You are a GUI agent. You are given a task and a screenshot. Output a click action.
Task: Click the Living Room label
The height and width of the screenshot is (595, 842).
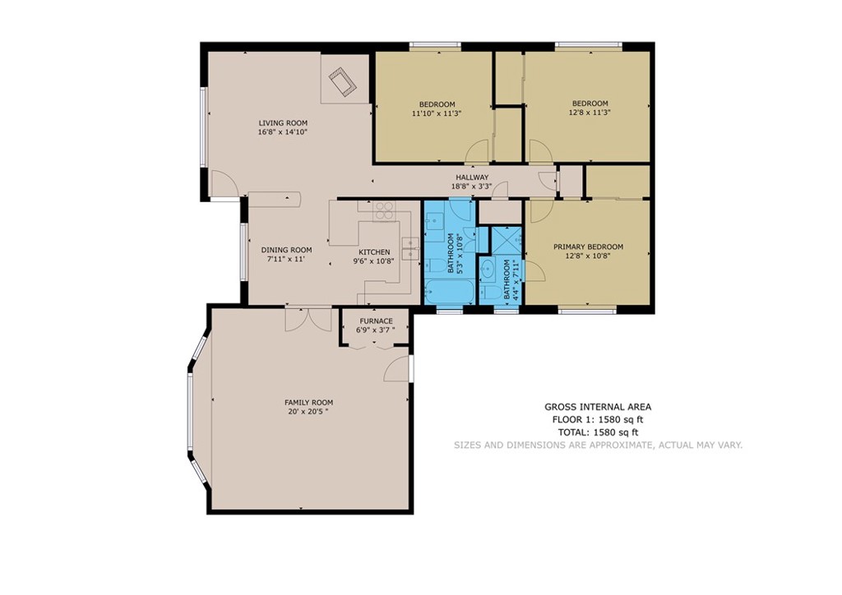(x=283, y=123)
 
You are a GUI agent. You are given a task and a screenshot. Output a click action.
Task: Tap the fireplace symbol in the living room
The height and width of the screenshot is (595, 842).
(x=344, y=83)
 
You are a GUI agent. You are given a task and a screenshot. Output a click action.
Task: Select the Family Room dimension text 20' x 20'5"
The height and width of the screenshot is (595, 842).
(x=308, y=412)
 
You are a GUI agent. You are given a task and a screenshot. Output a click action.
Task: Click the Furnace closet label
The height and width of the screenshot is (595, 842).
(x=376, y=321)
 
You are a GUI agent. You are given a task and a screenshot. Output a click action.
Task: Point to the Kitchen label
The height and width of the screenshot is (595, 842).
(x=374, y=252)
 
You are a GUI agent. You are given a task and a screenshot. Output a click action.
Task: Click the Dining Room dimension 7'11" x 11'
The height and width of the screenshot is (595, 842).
(x=286, y=259)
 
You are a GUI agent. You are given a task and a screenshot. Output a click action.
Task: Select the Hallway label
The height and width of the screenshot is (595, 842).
(x=472, y=178)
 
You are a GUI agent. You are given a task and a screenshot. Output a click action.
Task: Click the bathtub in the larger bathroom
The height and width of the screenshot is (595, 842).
(x=449, y=292)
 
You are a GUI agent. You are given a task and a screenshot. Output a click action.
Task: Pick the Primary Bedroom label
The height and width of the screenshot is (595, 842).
(x=588, y=247)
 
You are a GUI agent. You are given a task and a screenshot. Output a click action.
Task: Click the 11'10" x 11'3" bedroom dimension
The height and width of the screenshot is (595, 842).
(x=437, y=113)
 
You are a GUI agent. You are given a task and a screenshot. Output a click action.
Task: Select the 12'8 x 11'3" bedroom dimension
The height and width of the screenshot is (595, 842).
(x=590, y=113)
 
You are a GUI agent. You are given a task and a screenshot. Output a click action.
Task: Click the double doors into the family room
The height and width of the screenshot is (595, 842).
(x=308, y=320)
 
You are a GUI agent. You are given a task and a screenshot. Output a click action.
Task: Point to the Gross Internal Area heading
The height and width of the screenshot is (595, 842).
(x=598, y=408)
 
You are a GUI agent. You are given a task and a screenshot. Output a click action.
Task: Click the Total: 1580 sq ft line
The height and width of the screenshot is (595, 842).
(x=599, y=432)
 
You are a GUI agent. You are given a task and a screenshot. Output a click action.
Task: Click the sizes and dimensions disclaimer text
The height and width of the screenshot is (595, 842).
(x=599, y=445)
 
